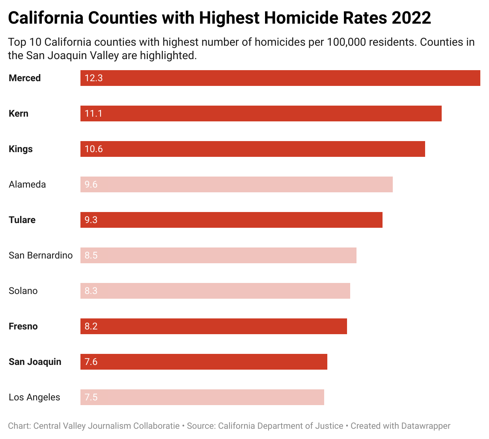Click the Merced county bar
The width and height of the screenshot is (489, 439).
coord(280,78)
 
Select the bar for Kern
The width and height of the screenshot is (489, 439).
coord(261,113)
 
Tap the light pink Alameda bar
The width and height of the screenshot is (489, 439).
coord(236,184)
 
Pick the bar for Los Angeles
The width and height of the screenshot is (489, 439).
coord(202,397)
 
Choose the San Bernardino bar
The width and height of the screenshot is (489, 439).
coord(218,255)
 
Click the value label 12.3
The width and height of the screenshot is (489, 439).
coord(93,78)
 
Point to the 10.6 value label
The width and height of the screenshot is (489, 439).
coord(93,149)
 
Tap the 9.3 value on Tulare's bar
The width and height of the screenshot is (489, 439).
coord(91,220)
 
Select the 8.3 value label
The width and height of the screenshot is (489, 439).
coord(91,291)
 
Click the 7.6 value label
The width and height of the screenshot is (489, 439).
coord(91,362)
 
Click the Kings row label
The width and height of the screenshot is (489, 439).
coord(21,149)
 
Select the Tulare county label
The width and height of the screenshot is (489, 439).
coord(22,220)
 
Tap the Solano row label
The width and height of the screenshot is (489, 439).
coord(23,291)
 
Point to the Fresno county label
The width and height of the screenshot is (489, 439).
coord(23,326)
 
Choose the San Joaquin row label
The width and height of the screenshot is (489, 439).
coord(35,362)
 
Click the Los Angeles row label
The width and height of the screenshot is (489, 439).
coord(34,397)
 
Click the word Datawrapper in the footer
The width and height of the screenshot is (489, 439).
coord(426,426)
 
